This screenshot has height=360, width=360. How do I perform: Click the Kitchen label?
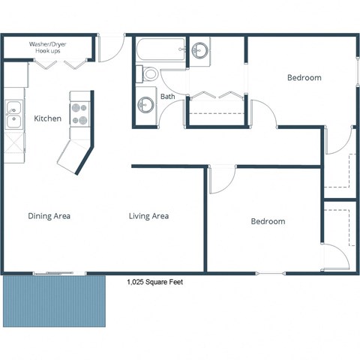(47, 118)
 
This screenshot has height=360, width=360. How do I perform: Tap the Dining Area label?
(49, 216)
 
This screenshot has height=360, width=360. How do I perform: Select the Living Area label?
(148, 216)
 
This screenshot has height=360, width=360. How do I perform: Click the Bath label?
(167, 97)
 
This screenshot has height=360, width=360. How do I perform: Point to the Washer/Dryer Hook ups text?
(49, 47)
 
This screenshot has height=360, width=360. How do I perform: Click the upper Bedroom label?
(304, 77)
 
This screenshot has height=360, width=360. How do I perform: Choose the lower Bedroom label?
(268, 221)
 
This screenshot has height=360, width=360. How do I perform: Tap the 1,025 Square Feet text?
(154, 283)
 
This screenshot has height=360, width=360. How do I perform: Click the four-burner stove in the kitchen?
(79, 113)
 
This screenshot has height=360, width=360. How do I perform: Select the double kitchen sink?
(13, 115)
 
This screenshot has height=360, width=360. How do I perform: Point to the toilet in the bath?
(148, 74)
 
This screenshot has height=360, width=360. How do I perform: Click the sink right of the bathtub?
(200, 51)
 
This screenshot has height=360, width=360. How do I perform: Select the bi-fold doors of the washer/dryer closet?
(59, 66)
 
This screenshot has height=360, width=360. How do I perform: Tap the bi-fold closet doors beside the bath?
(217, 94)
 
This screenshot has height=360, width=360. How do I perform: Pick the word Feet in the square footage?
(175, 283)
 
